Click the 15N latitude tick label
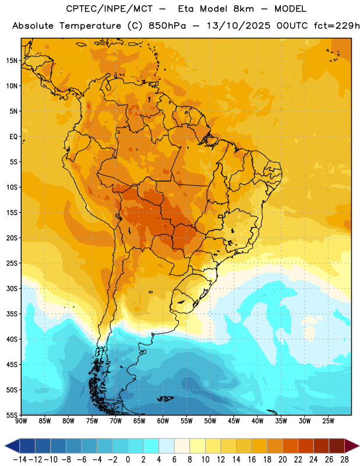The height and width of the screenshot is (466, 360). pyautogui.click(x=12, y=61)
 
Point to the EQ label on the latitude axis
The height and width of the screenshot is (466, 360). pyautogui.click(x=13, y=137)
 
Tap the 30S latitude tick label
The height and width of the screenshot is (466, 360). pyautogui.click(x=12, y=288)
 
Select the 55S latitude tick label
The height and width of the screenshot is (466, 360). pyautogui.click(x=12, y=415)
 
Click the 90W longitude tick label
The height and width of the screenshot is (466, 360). pyautogui.click(x=21, y=421)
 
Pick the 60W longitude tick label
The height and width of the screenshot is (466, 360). pyautogui.click(x=163, y=421)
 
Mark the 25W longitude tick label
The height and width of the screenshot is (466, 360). pyautogui.click(x=328, y=421)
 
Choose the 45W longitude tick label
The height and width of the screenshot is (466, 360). pyautogui.click(x=234, y=421)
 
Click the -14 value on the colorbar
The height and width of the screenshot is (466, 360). pyautogui.click(x=20, y=460)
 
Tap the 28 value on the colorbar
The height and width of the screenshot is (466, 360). pyautogui.click(x=344, y=460)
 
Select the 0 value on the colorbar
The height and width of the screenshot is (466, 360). pyautogui.click(x=128, y=460)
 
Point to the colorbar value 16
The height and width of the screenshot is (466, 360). pyautogui.click(x=252, y=460)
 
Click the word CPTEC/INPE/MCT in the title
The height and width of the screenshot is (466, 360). pyautogui.click(x=109, y=9)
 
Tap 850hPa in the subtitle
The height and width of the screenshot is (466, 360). pyautogui.click(x=167, y=26)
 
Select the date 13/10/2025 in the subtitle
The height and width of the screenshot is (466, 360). pyautogui.click(x=238, y=26)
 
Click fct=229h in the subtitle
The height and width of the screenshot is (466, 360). pyautogui.click(x=337, y=26)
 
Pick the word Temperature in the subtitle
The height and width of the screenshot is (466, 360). pyautogui.click(x=90, y=26)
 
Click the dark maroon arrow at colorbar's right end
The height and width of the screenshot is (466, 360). pyautogui.click(x=352, y=446)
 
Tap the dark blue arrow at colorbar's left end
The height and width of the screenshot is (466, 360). pyautogui.click(x=12, y=446)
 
